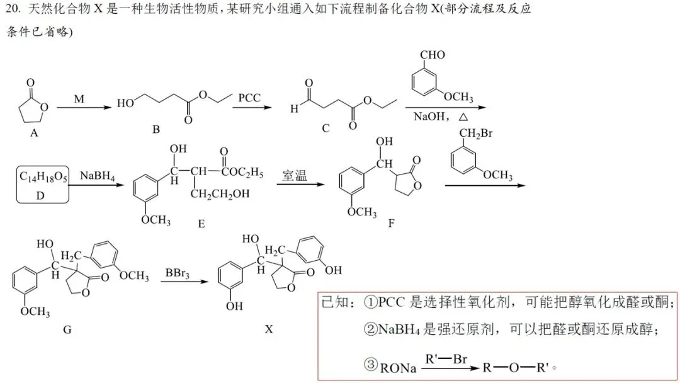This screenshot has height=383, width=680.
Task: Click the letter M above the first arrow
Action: [79, 100]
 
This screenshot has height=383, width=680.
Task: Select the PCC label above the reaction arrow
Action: [250, 98]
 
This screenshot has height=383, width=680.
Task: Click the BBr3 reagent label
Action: [178, 273]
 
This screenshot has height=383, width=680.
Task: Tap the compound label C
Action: [326, 129]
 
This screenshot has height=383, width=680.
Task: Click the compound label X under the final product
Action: [269, 329]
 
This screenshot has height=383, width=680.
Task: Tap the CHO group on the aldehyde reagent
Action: [432, 55]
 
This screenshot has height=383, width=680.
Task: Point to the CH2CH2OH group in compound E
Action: [222, 193]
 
